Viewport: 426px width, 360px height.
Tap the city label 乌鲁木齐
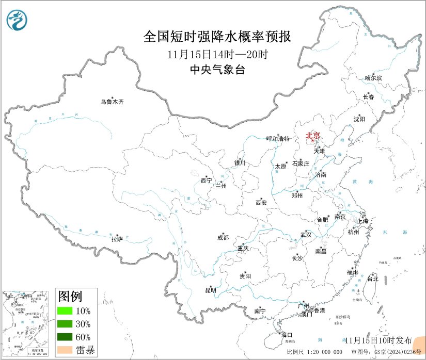pyautogui.click(x=112, y=102)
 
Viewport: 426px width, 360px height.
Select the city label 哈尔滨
pyautogui.click(x=373, y=78)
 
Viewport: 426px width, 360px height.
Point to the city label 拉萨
pyautogui.click(x=117, y=239)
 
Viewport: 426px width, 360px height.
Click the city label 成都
pyautogui.click(x=223, y=238)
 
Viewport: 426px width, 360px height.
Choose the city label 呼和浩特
pyautogui.click(x=278, y=139)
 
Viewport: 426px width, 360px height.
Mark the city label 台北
pyautogui.click(x=372, y=279)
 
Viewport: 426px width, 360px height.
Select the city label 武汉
pyautogui.click(x=306, y=235)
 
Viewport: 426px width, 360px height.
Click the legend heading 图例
pyautogui.click(x=70, y=297)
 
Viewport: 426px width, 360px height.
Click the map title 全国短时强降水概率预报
pyautogui.click(x=217, y=37)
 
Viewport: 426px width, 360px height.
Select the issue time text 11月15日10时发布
pyautogui.click(x=378, y=340)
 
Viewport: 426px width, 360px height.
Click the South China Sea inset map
pyautogui.click(x=26, y=324)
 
